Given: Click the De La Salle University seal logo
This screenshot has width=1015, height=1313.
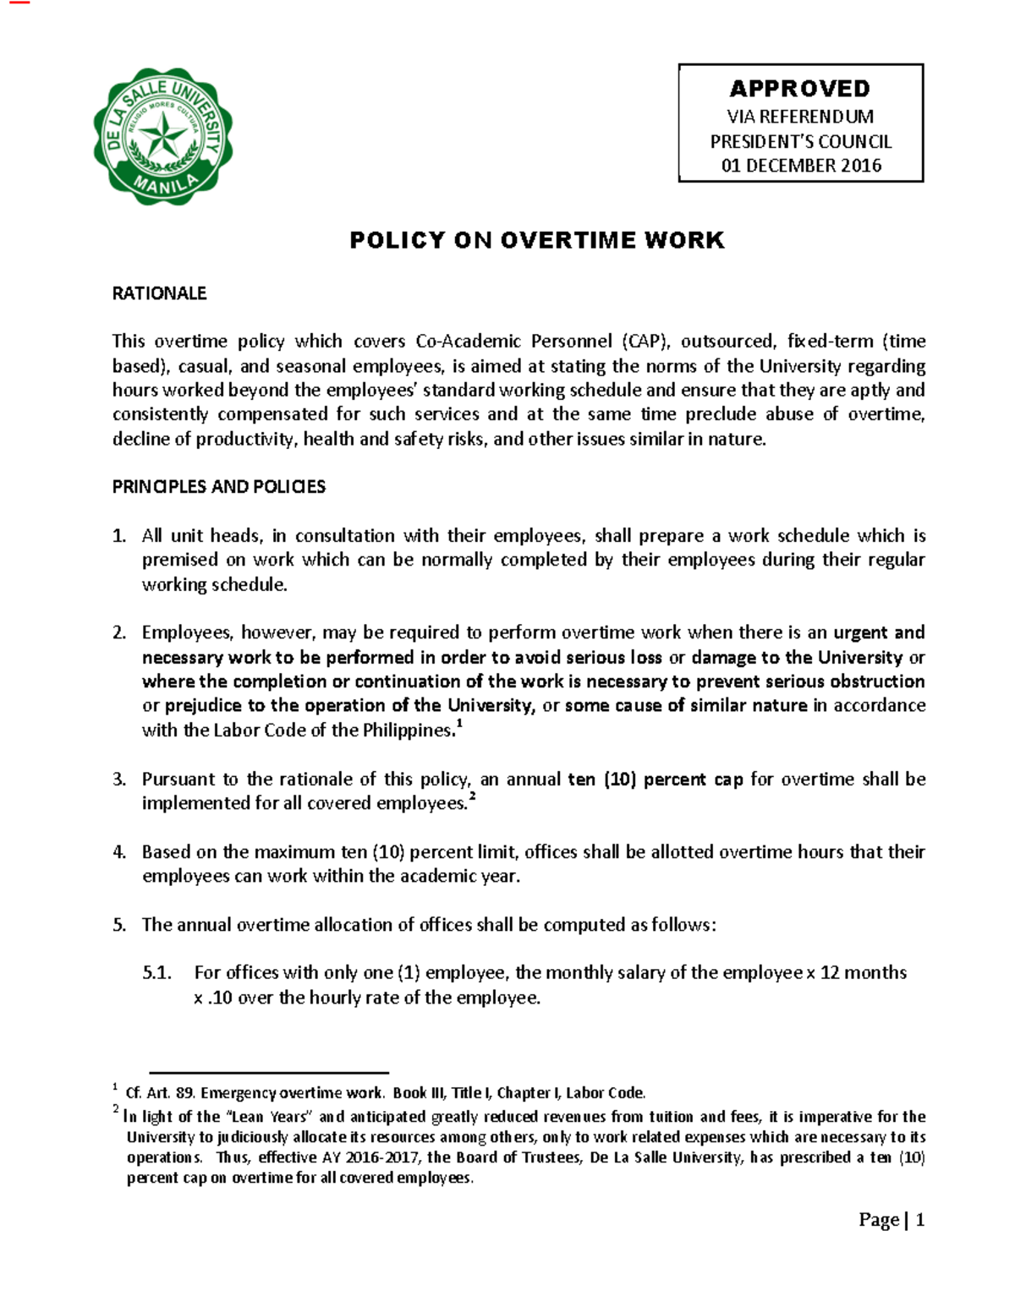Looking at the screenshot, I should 162,137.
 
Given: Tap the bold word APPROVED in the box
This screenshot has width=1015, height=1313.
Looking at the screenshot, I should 799,89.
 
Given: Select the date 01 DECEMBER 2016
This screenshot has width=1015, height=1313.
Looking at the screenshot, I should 800,166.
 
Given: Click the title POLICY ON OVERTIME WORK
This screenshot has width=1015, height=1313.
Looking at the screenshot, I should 537,241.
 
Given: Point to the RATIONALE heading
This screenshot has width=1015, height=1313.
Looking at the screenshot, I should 159,293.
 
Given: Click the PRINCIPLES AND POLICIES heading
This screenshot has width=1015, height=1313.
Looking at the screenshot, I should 219,487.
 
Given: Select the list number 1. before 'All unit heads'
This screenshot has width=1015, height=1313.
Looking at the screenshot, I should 119,536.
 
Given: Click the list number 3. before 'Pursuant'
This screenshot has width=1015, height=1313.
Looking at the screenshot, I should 119,780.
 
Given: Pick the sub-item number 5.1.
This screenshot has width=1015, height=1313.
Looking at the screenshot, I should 157,973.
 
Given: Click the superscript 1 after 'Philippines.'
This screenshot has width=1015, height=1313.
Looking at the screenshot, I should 459,724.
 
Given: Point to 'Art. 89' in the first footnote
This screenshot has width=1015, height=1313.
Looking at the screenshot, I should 171,1093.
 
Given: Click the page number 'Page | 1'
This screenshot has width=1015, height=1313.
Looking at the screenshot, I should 892,1220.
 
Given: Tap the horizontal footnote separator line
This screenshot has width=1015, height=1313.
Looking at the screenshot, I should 268,1072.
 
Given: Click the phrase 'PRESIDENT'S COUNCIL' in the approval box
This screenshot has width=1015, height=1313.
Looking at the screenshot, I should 800,141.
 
